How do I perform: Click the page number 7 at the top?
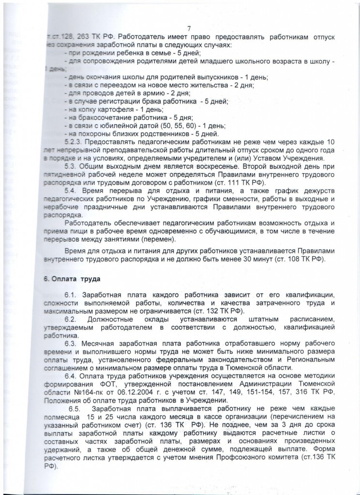(x=189, y=28)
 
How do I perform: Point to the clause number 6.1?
(x=71, y=295)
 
